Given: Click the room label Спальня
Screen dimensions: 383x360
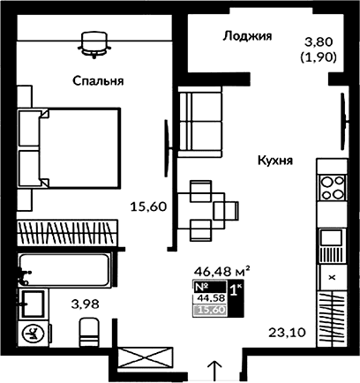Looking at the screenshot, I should pyautogui.click(x=98, y=81).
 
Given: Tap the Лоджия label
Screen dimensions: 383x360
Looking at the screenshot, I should pyautogui.click(x=245, y=36).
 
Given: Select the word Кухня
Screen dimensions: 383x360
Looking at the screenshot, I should pyautogui.click(x=275, y=161).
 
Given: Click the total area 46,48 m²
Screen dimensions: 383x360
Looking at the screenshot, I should pyautogui.click(x=221, y=273).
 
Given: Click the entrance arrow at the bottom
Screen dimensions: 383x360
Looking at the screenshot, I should pyautogui.click(x=214, y=366).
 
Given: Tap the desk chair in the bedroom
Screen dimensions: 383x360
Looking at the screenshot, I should pyautogui.click(x=94, y=40).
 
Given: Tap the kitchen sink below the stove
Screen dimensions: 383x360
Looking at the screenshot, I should pyautogui.click(x=331, y=237).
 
